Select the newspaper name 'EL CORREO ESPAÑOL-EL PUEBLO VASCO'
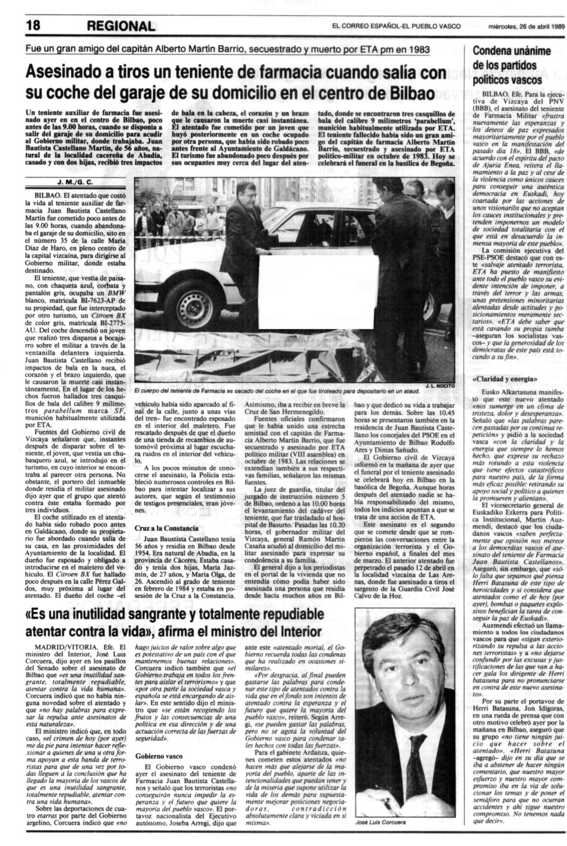396,26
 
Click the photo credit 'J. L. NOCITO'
439,385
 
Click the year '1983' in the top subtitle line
416,50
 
